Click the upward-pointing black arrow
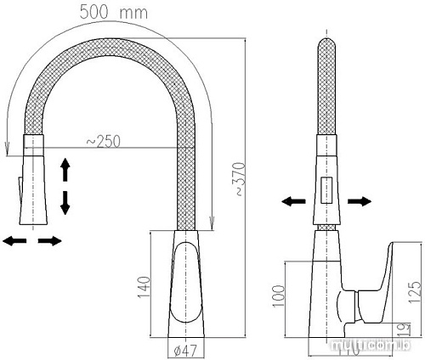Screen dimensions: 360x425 pyautogui.click(x=65, y=170)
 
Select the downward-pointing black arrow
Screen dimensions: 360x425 pyautogui.click(x=65, y=202)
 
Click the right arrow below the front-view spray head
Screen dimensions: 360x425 pyautogui.click(x=50, y=242)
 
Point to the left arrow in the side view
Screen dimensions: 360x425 pyautogui.click(x=294, y=201)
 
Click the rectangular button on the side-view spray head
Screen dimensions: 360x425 pyautogui.click(x=326, y=192)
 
